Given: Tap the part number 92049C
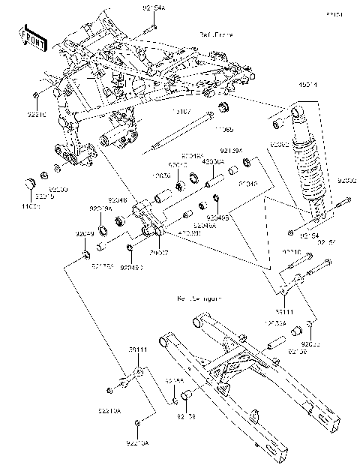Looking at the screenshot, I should point(132,265).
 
